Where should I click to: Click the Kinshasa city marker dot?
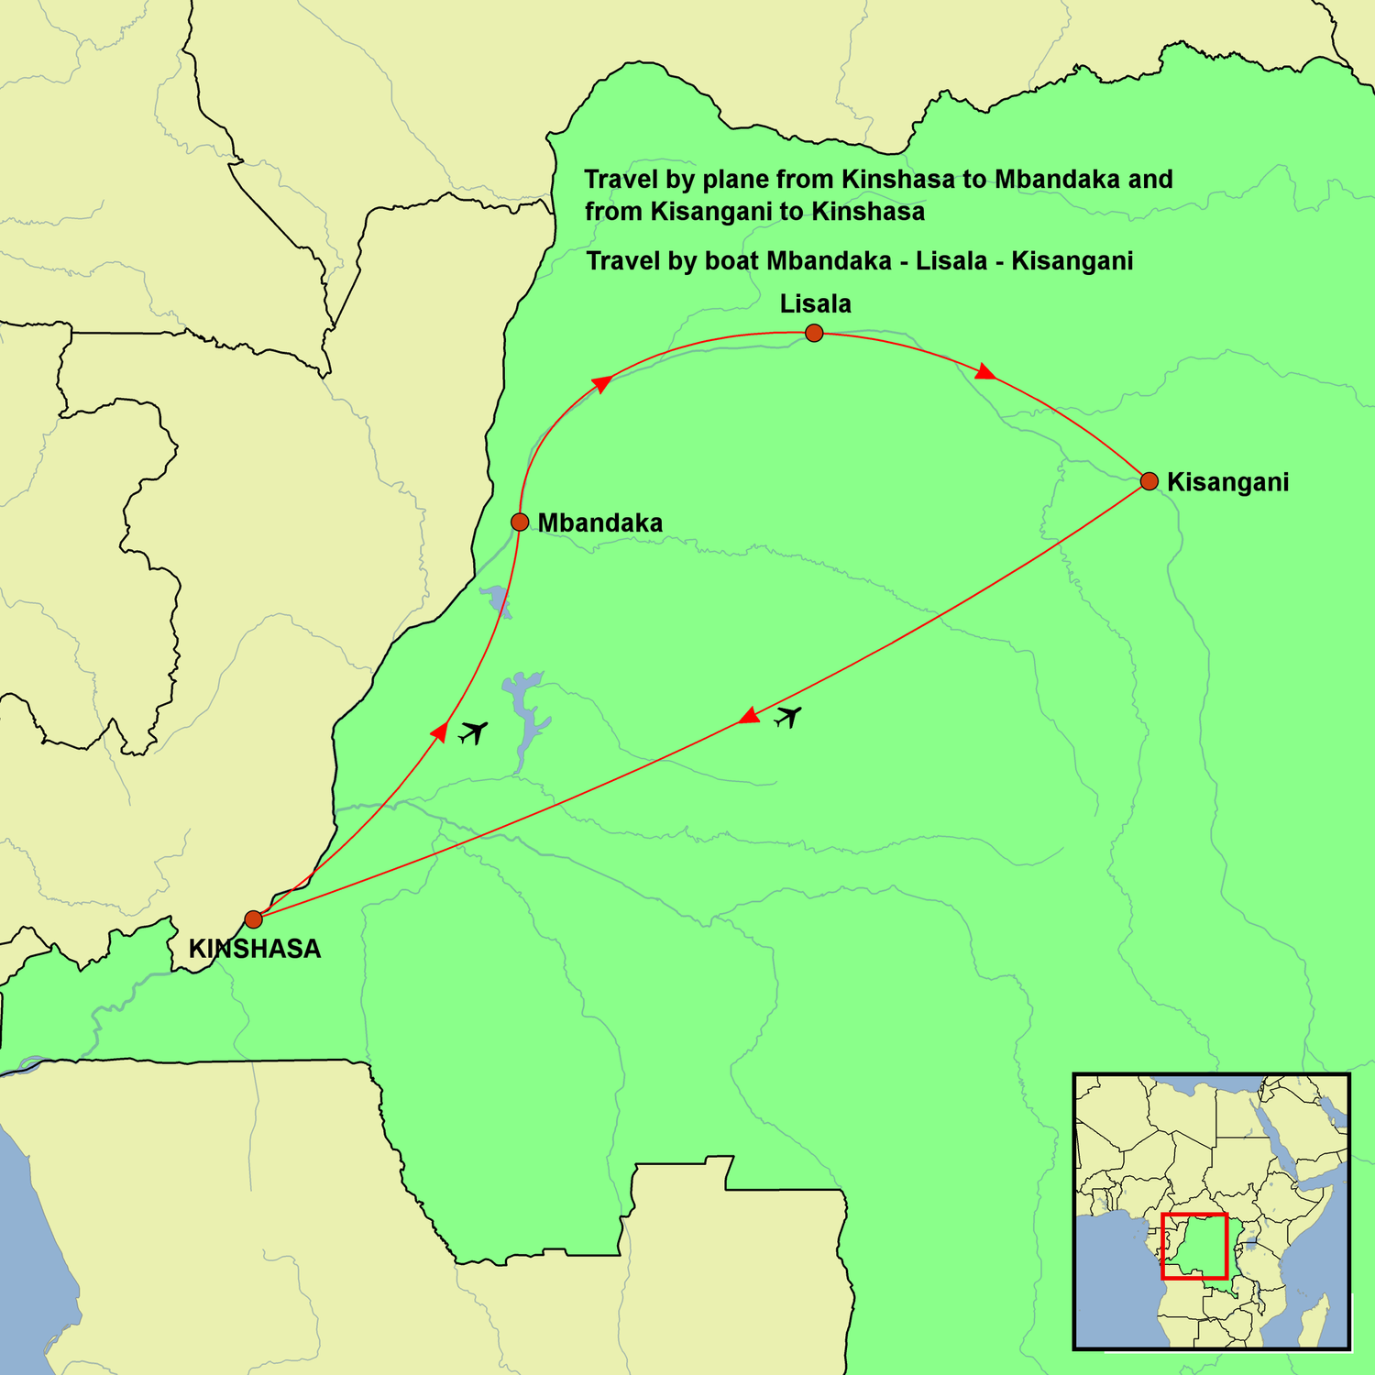pos(254,918)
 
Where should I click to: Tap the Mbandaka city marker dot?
pos(520,522)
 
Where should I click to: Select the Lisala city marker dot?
pos(814,333)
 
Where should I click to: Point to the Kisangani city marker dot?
pos(1149,481)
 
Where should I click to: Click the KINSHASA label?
pos(255,950)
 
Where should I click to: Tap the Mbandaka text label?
pos(599,523)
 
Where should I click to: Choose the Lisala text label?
pos(816,304)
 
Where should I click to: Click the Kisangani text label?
pos(1228,482)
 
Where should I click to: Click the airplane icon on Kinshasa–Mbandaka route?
pos(473,731)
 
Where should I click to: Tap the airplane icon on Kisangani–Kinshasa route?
pos(787,716)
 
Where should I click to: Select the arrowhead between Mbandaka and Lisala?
pos(601,383)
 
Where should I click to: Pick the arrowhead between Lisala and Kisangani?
pos(985,372)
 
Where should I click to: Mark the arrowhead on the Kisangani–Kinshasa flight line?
pos(750,715)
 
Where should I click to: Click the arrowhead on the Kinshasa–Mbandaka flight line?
pos(440,731)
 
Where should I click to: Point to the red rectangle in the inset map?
pos(1193,1246)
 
